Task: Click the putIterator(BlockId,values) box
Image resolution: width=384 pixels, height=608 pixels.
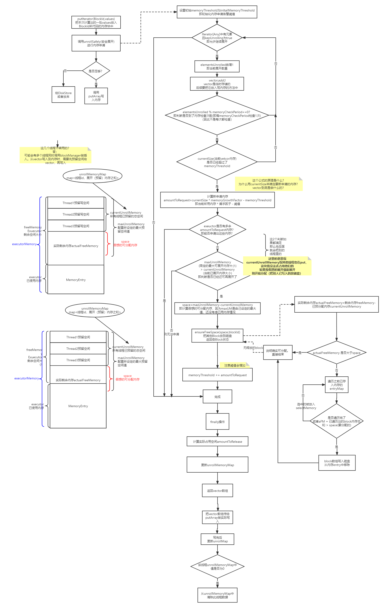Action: [x=96, y=22]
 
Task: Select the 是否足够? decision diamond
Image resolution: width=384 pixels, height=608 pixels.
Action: [x=96, y=71]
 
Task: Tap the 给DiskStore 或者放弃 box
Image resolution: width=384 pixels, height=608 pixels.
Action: [x=63, y=95]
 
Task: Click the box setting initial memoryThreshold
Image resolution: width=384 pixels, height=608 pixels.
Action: [x=217, y=12]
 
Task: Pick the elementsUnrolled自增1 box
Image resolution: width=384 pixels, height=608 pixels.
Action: [x=217, y=66]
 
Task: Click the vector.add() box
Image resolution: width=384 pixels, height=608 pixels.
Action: [x=217, y=84]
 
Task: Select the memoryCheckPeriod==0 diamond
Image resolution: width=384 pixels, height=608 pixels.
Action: [x=217, y=115]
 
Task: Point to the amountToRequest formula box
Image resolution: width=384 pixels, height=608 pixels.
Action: [x=217, y=200]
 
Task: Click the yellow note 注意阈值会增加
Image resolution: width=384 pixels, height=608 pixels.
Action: [x=234, y=365]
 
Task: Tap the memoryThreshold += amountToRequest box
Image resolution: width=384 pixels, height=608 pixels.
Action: [x=217, y=375]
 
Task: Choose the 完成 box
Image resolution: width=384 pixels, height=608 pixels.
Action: [x=217, y=397]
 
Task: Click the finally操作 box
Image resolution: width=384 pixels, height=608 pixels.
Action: [x=217, y=422]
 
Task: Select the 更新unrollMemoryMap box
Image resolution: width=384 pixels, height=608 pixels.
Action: [x=217, y=465]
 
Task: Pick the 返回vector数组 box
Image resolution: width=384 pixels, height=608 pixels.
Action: [x=217, y=490]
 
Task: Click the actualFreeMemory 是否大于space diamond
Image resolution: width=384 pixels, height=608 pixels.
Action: [x=336, y=353]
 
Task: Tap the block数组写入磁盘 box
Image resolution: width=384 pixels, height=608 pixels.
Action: [x=337, y=463]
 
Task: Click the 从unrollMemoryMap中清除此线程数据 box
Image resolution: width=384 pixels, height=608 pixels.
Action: [x=217, y=595]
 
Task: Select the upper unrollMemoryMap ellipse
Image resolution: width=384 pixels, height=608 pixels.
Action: [x=93, y=176]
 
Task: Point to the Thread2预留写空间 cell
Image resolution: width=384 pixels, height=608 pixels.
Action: [x=76, y=214]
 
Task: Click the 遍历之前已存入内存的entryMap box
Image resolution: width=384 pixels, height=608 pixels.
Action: [x=336, y=385]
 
